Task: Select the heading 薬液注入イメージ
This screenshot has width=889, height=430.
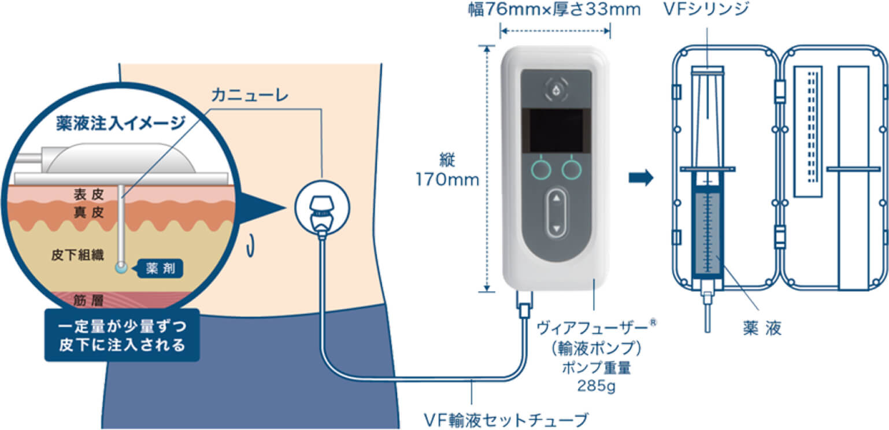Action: (x=120, y=123)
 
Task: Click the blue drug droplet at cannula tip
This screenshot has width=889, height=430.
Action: (x=120, y=268)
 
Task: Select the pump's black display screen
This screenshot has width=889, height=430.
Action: (x=557, y=131)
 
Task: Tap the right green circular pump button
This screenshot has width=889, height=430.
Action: (x=572, y=169)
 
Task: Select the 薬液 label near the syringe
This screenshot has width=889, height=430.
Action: (x=762, y=328)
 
